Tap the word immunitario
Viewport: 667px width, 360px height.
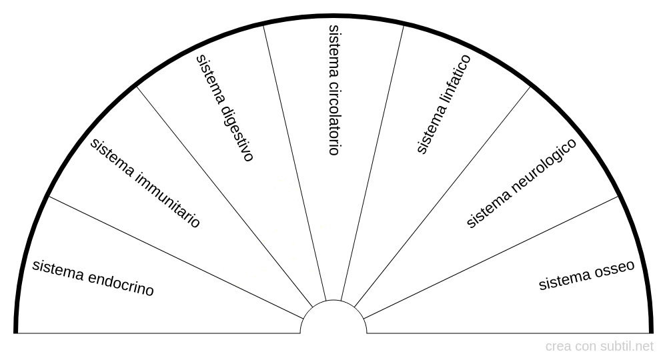pos(167,200)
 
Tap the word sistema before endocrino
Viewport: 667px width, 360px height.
pos(58,270)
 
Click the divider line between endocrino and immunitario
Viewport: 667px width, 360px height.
pos(175,257)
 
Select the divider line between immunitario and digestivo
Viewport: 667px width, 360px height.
pos(225,197)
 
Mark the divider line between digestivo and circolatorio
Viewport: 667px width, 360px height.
pos(295,163)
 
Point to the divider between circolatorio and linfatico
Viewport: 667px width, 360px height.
pos(372,163)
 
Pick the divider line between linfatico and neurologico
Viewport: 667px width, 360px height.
pos(442,197)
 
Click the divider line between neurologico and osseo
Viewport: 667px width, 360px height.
pos(491,257)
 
